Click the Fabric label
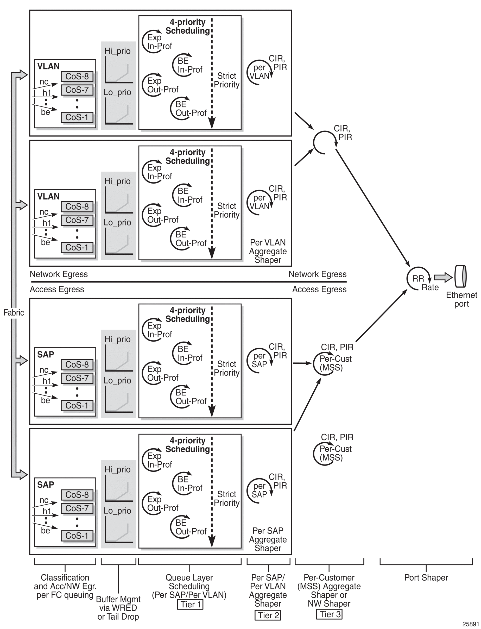click(14, 312)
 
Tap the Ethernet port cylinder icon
click(460, 276)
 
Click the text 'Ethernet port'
click(461, 299)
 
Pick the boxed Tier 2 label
click(267, 615)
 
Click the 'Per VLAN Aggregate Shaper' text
click(268, 251)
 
